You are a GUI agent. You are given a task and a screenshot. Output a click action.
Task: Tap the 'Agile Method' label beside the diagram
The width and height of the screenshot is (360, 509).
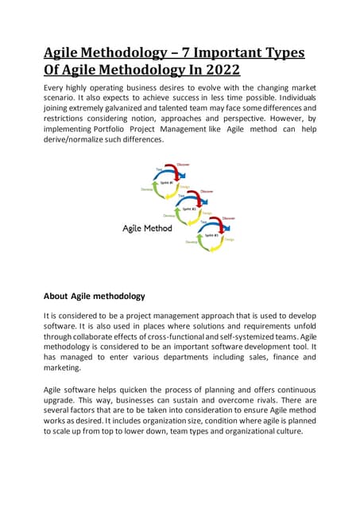pyautogui.click(x=148, y=228)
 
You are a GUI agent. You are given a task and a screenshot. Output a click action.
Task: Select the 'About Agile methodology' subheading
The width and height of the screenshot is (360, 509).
pyautogui.click(x=94, y=297)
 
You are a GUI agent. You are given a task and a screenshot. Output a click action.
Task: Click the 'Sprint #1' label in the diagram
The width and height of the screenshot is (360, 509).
pyautogui.click(x=166, y=182)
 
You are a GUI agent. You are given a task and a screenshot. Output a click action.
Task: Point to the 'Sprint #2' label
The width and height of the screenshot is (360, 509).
pyautogui.click(x=189, y=208)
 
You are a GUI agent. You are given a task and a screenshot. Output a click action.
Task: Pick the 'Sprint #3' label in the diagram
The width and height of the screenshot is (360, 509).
pyautogui.click(x=211, y=235)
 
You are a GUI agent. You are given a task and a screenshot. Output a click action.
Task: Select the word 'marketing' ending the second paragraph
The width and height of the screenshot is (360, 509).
pyautogui.click(x=65, y=369)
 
